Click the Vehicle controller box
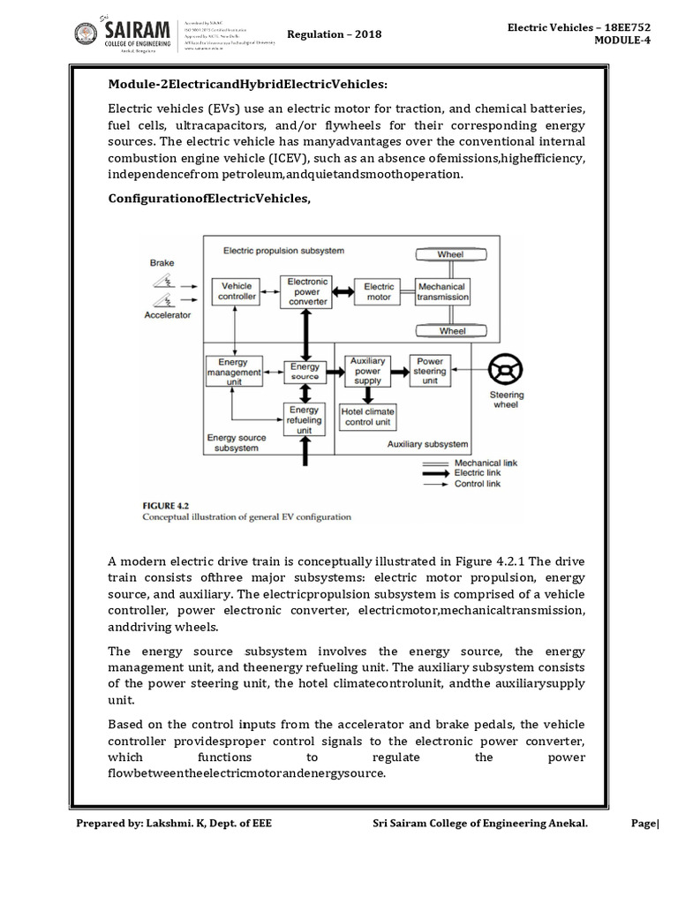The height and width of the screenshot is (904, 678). (236, 292)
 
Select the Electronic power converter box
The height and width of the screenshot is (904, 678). (308, 292)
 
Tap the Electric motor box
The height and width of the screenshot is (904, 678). (380, 291)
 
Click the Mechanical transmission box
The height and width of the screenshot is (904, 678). (442, 292)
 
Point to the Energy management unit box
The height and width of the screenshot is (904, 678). (232, 370)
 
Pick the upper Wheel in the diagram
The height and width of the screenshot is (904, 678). (452, 255)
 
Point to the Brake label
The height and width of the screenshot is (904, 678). (162, 263)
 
